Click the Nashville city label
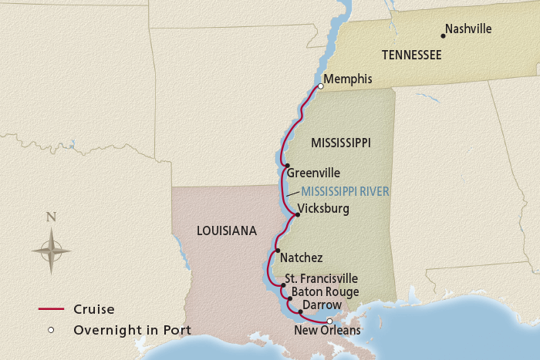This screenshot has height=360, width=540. point(469,29)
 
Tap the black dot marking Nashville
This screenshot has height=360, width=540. point(443,35)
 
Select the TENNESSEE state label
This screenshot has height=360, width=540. point(411,55)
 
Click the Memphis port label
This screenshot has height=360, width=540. point(348,79)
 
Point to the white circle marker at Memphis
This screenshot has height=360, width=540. point(320,86)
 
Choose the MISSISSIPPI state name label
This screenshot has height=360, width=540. point(340,143)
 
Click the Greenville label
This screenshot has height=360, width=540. point(313,173)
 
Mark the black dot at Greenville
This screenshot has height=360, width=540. point(286,166)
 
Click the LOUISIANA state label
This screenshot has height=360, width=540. point(226,231)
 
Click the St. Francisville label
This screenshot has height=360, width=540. point(321,278)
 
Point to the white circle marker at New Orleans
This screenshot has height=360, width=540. point(329,321)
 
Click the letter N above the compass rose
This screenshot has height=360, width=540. point(51,217)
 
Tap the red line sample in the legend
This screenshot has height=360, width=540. point(50,310)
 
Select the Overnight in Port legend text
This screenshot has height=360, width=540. point(133,330)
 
